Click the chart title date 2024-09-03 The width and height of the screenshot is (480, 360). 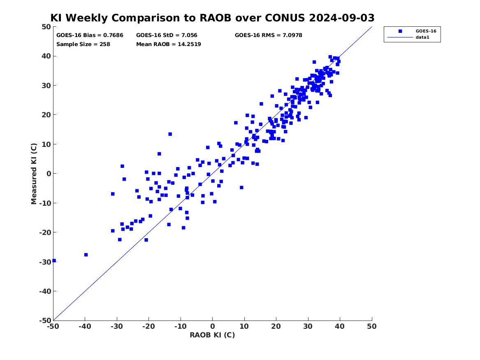point(342,18)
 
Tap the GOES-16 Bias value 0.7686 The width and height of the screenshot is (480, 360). point(113,35)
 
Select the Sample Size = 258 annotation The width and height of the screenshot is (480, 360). point(83,44)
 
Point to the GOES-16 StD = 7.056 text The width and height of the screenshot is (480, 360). point(167,35)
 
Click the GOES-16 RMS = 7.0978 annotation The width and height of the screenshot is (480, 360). point(269,35)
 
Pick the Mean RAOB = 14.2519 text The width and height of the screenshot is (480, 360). point(169,44)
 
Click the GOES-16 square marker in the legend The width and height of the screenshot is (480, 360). point(400,31)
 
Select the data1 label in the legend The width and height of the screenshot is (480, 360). point(422,37)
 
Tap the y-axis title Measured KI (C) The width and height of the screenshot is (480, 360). point(34,174)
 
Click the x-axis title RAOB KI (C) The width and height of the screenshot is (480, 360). point(213,335)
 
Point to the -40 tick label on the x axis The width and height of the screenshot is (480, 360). point(85,326)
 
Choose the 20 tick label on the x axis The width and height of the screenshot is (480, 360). point(276,326)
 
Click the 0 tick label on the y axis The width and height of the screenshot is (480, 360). point(49,174)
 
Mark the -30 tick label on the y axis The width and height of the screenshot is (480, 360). point(45,262)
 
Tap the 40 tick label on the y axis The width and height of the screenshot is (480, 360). point(46,56)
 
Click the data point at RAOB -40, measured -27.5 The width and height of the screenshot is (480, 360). point(86,255)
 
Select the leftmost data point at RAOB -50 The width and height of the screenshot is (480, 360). point(54,260)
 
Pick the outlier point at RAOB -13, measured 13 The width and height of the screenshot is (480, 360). point(170,134)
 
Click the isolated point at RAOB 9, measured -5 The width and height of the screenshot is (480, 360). point(241,187)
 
